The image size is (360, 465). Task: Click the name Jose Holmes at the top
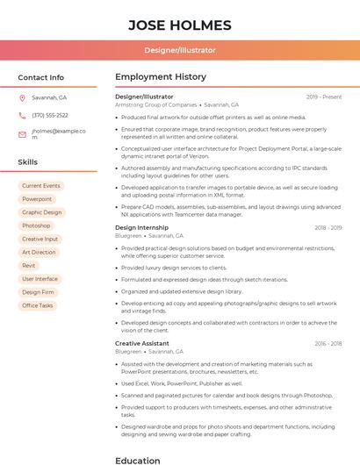180,25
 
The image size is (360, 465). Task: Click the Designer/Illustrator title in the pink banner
180,50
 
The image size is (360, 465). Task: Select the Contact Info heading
41,77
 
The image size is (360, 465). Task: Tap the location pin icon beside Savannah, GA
22,97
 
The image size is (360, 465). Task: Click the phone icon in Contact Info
22,115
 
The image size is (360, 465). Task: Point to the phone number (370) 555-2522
50,115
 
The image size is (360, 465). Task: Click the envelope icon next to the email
22,134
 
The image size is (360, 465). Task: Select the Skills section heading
28,162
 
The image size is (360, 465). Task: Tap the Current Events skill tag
41,186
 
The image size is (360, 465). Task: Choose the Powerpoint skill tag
37,199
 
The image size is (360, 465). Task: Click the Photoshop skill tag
36,225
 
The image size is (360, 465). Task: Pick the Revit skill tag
29,265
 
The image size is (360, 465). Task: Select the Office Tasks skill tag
38,305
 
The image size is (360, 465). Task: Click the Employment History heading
161,77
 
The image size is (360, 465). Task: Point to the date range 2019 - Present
324,97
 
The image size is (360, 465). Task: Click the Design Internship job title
141,227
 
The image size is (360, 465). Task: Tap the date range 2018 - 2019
328,228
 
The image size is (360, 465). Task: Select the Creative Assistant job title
142,343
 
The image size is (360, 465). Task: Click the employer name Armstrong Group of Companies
156,104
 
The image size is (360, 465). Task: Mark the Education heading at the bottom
138,460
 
